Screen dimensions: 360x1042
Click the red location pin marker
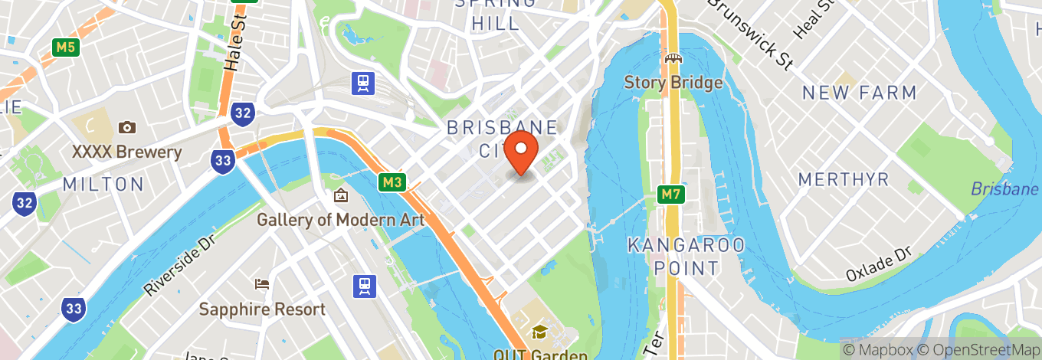pos(523,152)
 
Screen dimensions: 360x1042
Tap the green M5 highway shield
pos(66,47)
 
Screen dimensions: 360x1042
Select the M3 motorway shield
pos(391,182)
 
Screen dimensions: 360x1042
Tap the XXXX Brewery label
pos(127,152)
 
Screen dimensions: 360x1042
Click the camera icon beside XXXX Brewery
pos(127,127)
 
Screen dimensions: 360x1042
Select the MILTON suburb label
pos(103,185)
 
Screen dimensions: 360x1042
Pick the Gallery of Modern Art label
pos(340,220)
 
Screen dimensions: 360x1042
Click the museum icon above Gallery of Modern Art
pos(340,196)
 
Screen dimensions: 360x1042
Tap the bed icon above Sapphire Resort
pos(262,284)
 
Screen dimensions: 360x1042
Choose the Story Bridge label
pos(673,83)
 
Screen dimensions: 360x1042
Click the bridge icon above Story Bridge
pos(673,58)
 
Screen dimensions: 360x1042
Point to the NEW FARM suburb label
pos(858,93)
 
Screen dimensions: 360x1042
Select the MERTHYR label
pos(843,179)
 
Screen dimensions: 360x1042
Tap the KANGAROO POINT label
pos(686,257)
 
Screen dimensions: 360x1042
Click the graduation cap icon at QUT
pos(540,332)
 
